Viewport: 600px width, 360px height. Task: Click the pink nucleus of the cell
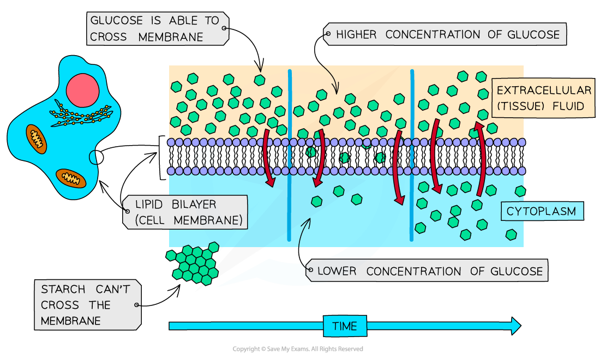pyautogui.click(x=83, y=90)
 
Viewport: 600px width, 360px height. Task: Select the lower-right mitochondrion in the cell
pyautogui.click(x=71, y=178)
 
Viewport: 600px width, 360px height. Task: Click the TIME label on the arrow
pyautogui.click(x=344, y=326)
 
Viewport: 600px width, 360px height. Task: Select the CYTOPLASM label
pyautogui.click(x=541, y=211)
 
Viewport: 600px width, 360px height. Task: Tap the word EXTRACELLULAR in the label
pyautogui.click(x=543, y=90)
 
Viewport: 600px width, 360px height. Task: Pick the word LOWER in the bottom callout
pyautogui.click(x=337, y=271)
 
